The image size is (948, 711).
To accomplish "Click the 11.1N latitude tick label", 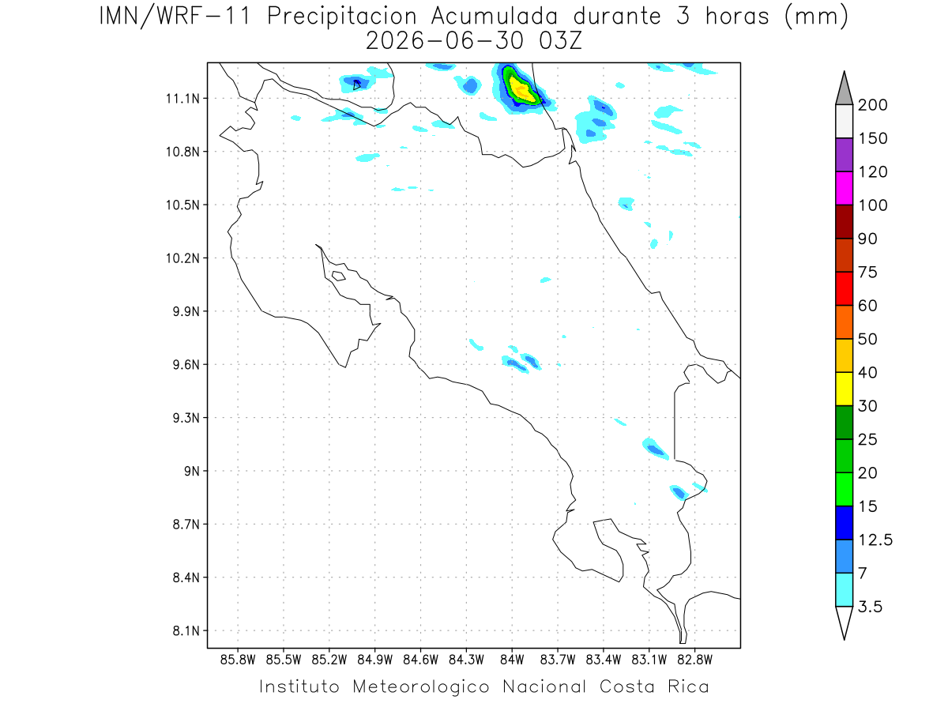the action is tap(182, 99).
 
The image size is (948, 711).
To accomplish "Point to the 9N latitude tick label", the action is tap(192, 471).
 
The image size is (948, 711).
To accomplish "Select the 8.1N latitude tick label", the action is tap(186, 630).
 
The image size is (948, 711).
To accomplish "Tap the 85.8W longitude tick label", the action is tap(238, 660).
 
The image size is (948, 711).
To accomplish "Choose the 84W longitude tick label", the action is tap(512, 660).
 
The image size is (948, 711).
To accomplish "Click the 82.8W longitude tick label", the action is tap(694, 660).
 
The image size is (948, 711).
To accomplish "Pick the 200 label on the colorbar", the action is tap(872, 105).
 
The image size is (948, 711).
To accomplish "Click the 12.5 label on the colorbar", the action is tap(875, 540).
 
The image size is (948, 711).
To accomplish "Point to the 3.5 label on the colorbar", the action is tap(870, 607).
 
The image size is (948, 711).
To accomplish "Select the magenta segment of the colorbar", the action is tap(844, 188).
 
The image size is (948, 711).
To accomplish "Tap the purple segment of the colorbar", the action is tap(844, 155).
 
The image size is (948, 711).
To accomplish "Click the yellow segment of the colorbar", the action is tap(844, 389).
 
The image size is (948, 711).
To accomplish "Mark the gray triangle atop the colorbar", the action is tap(844, 88).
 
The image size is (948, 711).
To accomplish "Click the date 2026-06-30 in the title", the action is tap(445, 41).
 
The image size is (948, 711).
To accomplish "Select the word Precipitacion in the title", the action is tap(342, 17).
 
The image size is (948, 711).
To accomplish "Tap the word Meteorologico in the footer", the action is tap(420, 687).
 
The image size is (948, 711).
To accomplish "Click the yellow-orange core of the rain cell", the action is tap(521, 90).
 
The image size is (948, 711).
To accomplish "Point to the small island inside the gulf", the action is tap(339, 276).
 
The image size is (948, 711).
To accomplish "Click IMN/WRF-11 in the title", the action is tap(175, 17).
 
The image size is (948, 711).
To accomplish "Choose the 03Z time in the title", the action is tap(560, 41).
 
